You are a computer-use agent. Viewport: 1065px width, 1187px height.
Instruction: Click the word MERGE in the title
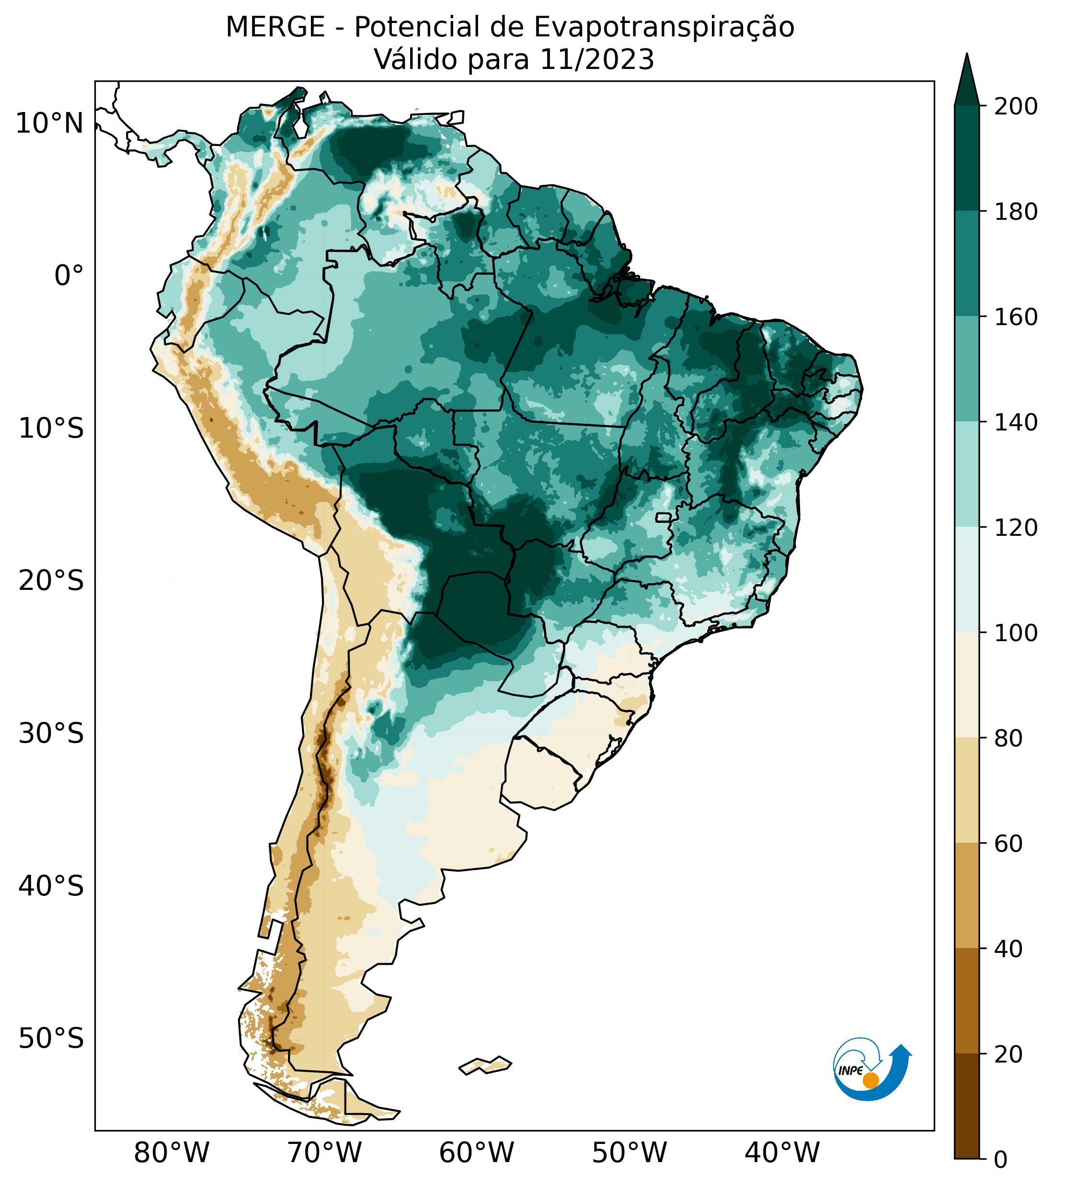click(275, 27)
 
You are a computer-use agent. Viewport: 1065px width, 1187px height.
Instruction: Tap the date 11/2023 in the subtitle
click(597, 60)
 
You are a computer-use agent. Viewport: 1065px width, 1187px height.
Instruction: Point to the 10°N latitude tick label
click(49, 124)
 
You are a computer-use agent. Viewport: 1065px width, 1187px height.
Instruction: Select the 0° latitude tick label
click(69, 276)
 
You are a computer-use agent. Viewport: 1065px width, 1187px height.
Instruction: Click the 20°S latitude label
click(51, 581)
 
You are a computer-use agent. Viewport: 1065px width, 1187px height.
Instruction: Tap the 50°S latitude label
click(51, 1039)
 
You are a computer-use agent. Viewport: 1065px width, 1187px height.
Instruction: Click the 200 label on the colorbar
click(1016, 107)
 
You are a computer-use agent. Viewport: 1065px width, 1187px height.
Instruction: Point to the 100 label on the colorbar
click(1016, 633)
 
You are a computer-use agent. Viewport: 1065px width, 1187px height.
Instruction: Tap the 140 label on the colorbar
click(1016, 422)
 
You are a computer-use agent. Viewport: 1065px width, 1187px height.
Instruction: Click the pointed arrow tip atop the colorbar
click(967, 70)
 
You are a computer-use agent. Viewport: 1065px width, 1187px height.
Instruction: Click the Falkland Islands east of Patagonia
click(486, 1065)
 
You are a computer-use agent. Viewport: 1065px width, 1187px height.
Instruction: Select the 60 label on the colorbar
click(1009, 843)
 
